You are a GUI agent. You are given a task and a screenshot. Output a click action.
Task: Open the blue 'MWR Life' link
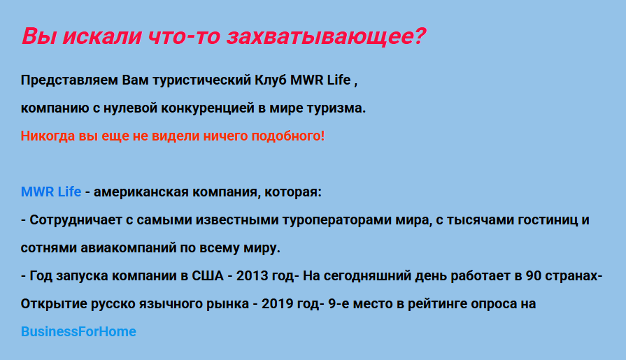[x=51, y=192]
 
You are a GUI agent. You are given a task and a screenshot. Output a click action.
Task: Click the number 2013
[x=252, y=276]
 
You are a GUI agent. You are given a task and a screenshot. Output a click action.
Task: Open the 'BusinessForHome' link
[x=78, y=331]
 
